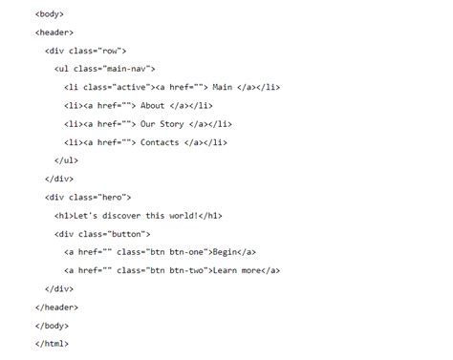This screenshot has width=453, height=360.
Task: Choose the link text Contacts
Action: click(x=160, y=141)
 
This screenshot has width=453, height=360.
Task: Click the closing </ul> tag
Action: click(x=67, y=160)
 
